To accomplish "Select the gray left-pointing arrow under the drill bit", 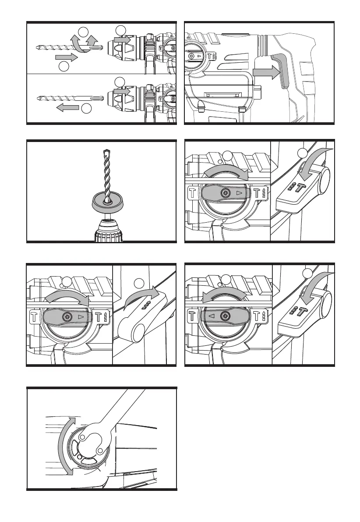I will pyautogui.click(x=68, y=108).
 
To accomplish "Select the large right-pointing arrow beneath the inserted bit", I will pyautogui.click(x=67, y=57).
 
